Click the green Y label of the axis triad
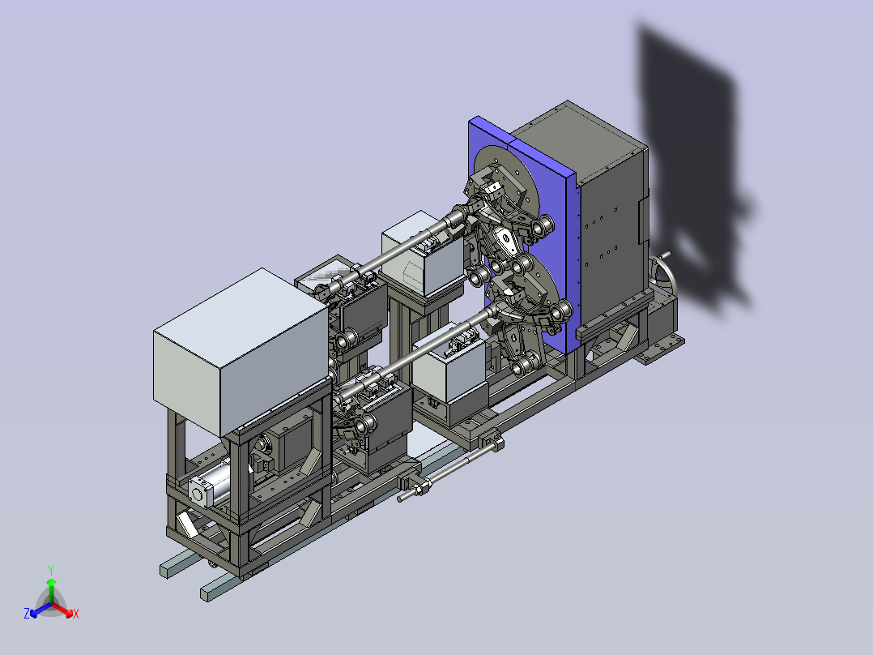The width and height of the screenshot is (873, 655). click(51, 570)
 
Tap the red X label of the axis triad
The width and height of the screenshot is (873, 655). click(76, 614)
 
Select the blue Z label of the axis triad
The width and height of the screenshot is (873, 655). click(27, 613)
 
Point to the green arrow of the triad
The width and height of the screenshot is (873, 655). click(51, 590)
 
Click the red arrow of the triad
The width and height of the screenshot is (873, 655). click(62, 610)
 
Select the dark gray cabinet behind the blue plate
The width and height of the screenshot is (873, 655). click(607, 217)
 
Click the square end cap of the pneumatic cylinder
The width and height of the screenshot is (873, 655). click(198, 492)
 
